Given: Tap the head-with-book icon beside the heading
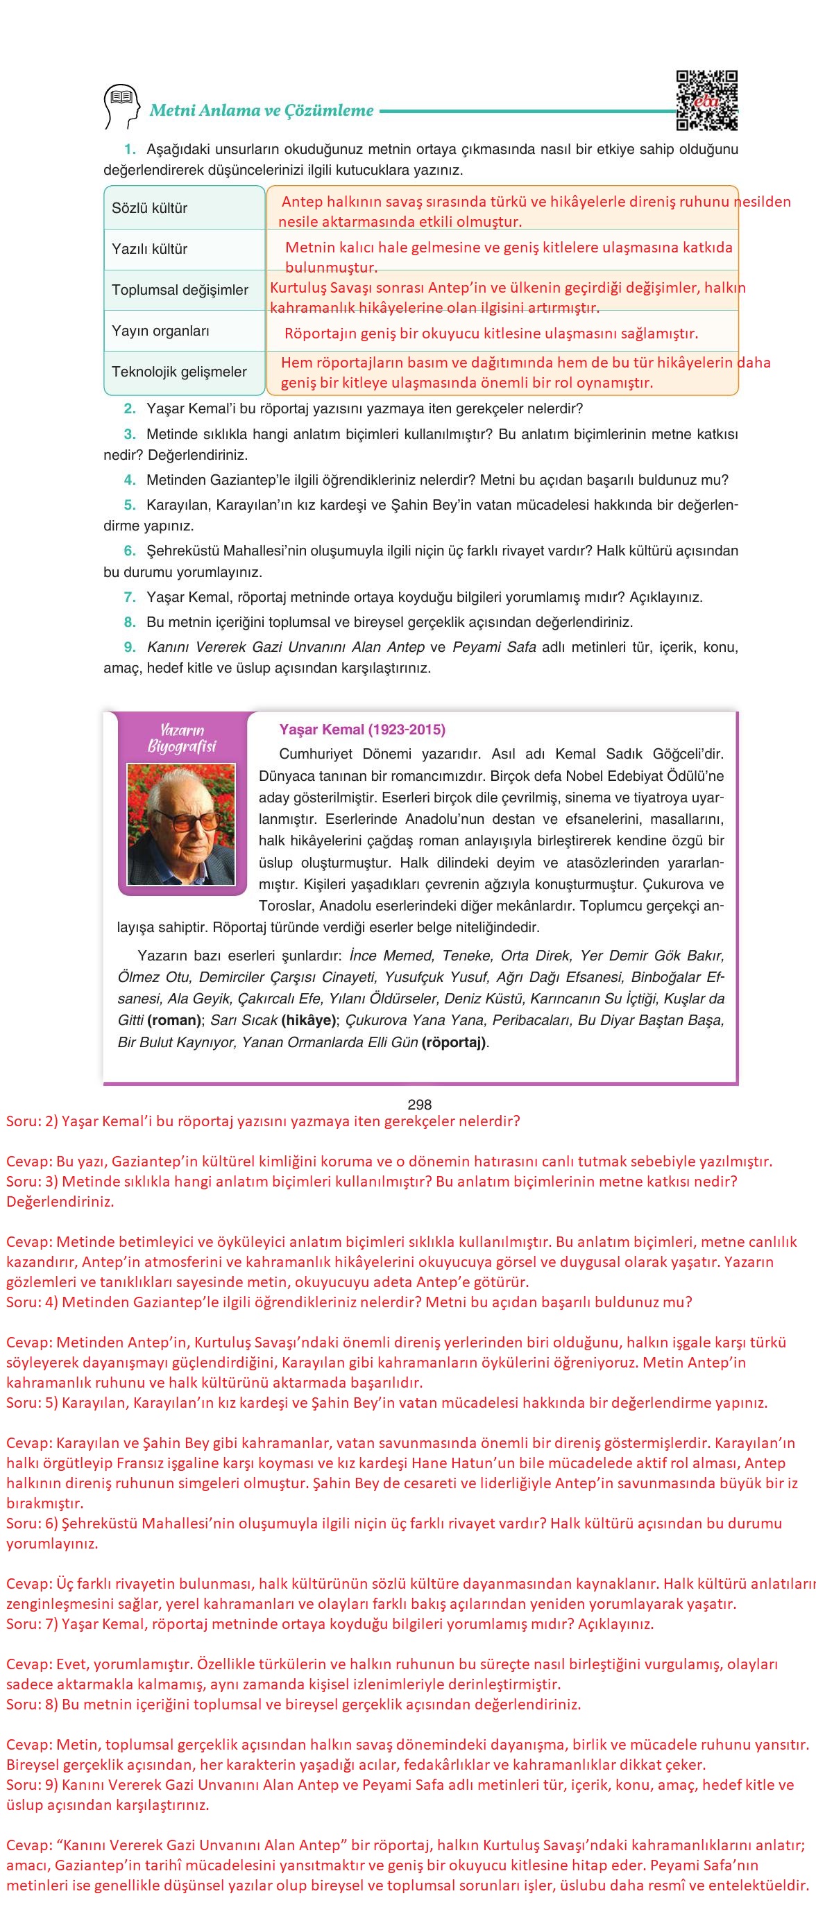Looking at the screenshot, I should (x=121, y=105).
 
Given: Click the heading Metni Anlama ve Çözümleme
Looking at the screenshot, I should (x=262, y=111).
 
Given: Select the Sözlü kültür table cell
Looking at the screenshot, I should (x=185, y=208).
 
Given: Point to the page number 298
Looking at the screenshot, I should (x=420, y=1104).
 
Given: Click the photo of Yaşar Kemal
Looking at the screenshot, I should (x=182, y=823).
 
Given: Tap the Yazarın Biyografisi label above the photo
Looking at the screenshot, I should (x=182, y=738).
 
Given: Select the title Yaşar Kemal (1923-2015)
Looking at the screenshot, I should (x=362, y=729).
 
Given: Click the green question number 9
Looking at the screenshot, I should (x=129, y=647).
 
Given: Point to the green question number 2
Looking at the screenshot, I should (x=129, y=408).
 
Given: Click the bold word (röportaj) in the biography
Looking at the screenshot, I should (x=453, y=1042).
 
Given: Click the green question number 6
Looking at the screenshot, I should (x=129, y=551).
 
